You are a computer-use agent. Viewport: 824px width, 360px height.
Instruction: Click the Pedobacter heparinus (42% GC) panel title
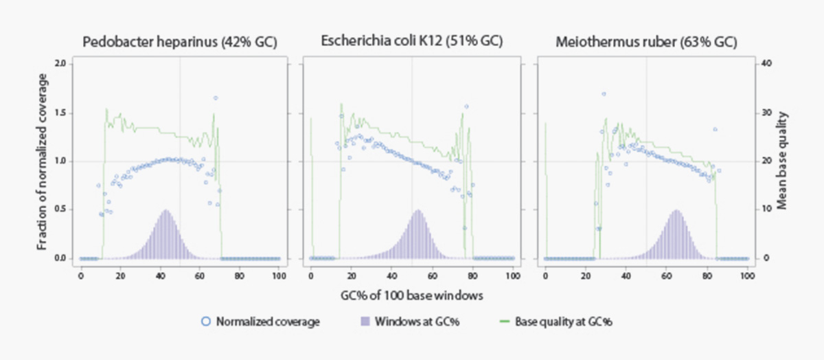(x=179, y=42)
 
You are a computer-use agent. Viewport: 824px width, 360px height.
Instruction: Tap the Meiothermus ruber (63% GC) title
(x=645, y=42)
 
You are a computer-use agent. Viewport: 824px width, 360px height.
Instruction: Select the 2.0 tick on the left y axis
(x=60, y=64)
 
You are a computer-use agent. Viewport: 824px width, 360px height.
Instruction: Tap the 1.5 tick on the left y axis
(x=60, y=113)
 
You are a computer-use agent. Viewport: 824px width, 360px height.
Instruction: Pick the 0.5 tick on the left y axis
(x=60, y=210)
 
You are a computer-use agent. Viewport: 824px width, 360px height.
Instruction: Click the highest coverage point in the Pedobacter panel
(x=215, y=98)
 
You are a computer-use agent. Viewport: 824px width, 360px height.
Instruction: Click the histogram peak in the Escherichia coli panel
(x=417, y=211)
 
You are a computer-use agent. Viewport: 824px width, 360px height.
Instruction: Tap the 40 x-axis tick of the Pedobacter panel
(x=160, y=275)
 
